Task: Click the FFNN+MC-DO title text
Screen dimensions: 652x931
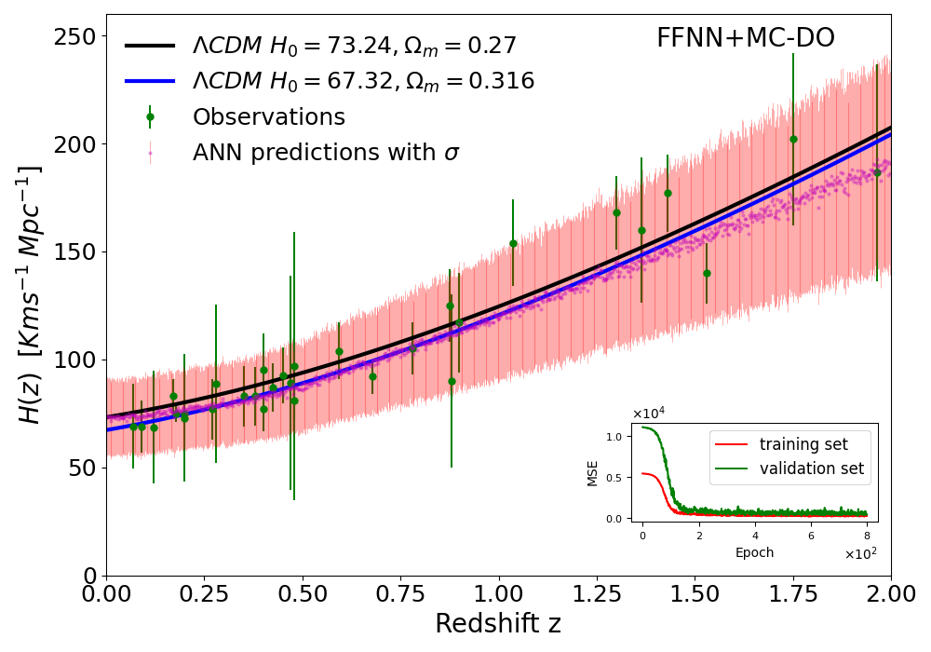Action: (x=745, y=38)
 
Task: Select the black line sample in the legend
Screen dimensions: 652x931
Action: (x=150, y=46)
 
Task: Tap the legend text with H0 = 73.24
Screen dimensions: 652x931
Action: (x=354, y=46)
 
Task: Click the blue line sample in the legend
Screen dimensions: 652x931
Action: (x=150, y=81)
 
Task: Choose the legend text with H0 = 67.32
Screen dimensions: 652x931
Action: (x=363, y=81)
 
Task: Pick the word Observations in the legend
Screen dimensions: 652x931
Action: (x=268, y=117)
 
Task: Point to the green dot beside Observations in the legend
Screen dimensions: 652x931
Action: (x=150, y=117)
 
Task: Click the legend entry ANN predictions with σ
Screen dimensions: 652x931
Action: (x=326, y=153)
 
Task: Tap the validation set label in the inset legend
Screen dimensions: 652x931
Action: (x=811, y=469)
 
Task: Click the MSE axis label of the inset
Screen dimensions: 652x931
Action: (x=593, y=472)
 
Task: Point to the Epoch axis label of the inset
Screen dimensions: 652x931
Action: (x=754, y=552)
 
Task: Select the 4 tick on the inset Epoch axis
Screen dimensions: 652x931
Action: (x=755, y=536)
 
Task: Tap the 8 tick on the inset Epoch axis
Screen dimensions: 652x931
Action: (x=867, y=536)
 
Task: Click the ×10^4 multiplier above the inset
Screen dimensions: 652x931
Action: (x=648, y=414)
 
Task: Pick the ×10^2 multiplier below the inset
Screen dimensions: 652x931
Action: (x=860, y=554)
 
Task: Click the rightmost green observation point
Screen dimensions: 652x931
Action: (x=877, y=172)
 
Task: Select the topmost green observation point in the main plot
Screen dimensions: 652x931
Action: (x=793, y=139)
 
